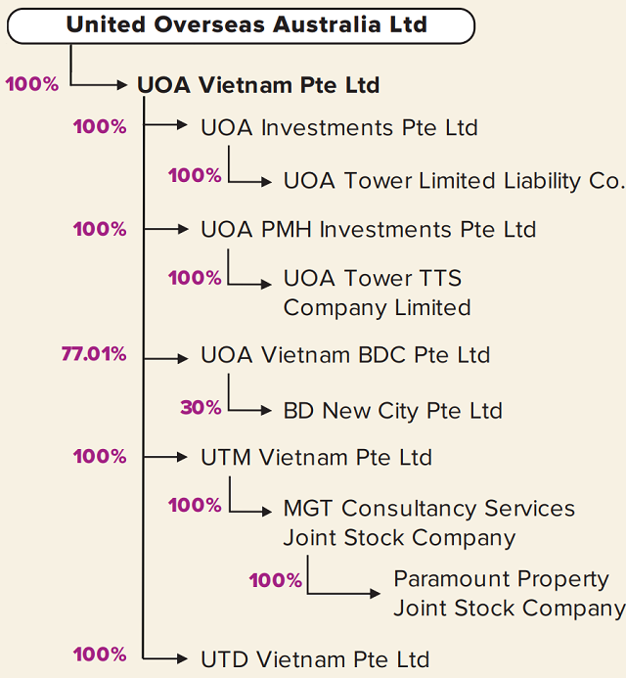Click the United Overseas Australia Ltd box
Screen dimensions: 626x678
241,25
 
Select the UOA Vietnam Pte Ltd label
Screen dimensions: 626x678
258,85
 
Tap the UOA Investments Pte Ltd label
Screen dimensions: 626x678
339,127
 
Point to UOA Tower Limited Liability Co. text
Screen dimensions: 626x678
455,181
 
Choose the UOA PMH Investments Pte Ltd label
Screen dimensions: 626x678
369,229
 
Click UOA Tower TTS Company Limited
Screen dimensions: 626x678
377,293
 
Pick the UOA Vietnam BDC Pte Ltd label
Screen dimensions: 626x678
345,355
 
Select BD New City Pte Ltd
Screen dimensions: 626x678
393,410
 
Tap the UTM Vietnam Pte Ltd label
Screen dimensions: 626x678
317,457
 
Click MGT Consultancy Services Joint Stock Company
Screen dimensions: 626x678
429,523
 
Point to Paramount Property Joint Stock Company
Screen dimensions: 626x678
510,593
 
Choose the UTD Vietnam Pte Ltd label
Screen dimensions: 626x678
315,659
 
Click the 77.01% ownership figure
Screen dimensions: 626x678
94,354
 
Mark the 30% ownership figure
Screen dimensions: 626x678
201,407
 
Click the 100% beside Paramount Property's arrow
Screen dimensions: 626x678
276,580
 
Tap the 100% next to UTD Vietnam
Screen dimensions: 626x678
100,655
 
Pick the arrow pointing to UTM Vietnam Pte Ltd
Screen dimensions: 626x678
165,457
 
